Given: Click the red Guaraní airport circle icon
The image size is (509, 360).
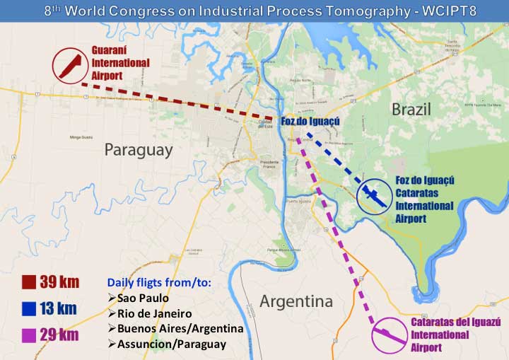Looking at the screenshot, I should [x=69, y=65].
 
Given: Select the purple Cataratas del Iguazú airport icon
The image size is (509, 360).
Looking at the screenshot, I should [x=390, y=335].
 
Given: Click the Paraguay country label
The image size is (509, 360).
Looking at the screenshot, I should [x=139, y=150].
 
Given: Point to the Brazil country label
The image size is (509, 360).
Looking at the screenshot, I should [x=411, y=109].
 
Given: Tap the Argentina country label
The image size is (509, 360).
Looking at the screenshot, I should [x=296, y=301].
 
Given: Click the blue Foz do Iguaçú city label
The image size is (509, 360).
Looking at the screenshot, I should [x=310, y=122].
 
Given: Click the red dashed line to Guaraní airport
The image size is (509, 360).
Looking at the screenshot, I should [x=177, y=102].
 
